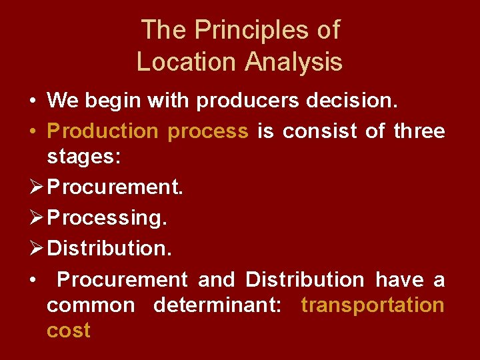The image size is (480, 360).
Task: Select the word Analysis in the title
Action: [x=294, y=62]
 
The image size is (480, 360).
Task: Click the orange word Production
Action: [x=103, y=131]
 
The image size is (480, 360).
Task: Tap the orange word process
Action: [x=208, y=131]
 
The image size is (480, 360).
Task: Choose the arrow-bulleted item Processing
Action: [x=107, y=218]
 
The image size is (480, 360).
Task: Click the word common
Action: [x=91, y=305]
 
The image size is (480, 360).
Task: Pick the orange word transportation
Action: [x=373, y=305]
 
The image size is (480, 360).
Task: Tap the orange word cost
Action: [x=69, y=331]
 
